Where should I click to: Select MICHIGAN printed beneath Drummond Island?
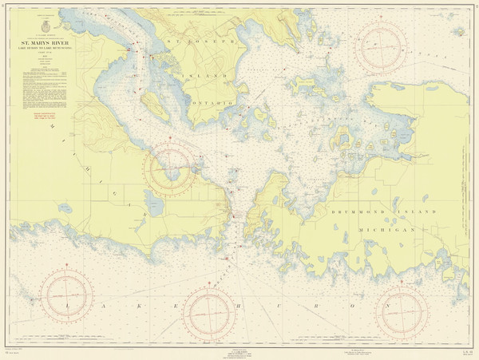click(x=391, y=228)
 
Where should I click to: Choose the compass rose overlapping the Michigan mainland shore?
click(x=168, y=168)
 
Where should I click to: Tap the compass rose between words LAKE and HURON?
click(x=210, y=314)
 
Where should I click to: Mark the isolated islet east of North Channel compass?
click(x=460, y=32)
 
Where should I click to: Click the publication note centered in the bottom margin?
click(x=239, y=352)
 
